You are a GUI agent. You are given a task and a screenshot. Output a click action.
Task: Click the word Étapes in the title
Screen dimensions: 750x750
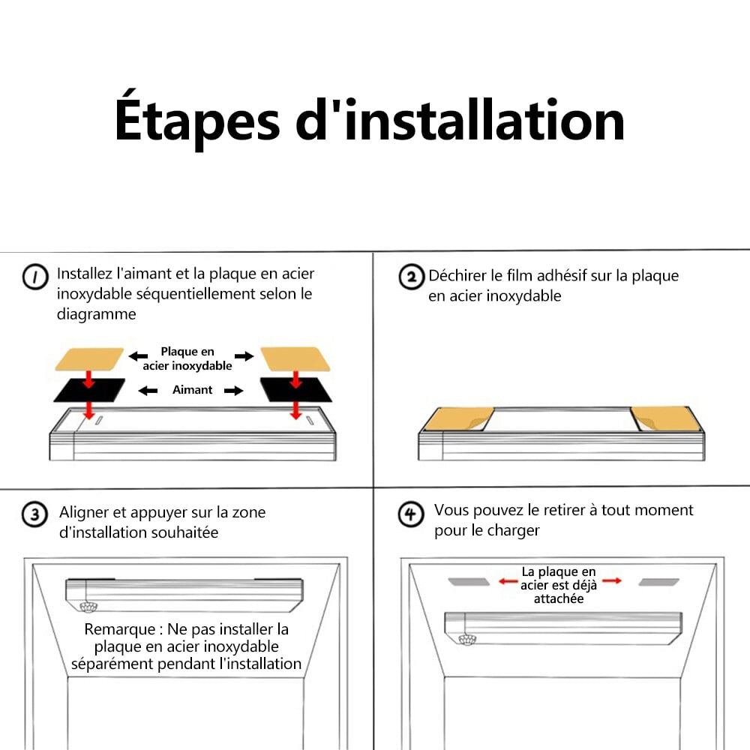[x=196, y=118]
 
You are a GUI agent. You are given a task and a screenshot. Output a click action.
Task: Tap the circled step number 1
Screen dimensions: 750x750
[x=35, y=277]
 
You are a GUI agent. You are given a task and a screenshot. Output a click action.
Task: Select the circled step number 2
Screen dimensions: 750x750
[x=411, y=277]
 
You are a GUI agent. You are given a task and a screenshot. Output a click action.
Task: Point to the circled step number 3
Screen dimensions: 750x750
[x=35, y=514]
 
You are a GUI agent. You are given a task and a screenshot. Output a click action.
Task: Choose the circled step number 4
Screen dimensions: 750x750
[x=411, y=514]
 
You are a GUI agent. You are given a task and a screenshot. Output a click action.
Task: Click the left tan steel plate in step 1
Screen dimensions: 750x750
[x=89, y=358]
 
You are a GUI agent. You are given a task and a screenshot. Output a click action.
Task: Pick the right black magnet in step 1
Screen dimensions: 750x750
[x=296, y=389]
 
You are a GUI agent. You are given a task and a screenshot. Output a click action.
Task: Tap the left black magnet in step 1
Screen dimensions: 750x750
[x=89, y=390]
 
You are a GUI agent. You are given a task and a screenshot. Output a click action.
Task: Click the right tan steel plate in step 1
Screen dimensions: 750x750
[x=295, y=358]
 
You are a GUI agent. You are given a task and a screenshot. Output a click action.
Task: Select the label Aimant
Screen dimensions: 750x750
[x=192, y=390]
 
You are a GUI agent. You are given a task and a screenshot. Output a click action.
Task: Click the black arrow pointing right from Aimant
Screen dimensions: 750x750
[x=234, y=391]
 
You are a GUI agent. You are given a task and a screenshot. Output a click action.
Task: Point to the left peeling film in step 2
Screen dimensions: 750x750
[x=459, y=419]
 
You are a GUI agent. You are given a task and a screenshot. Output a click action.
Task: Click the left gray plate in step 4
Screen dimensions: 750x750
[x=469, y=582]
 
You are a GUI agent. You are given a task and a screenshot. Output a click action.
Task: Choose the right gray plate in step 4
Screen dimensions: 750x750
[x=659, y=582]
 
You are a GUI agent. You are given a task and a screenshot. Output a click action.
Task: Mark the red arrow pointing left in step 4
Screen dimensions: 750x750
[x=508, y=581]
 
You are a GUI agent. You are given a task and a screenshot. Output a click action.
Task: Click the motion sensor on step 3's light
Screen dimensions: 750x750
[x=88, y=607]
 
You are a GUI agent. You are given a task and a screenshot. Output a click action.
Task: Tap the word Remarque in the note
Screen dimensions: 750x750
[x=120, y=629]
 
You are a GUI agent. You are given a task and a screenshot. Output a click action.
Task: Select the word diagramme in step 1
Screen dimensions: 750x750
[x=97, y=314]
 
